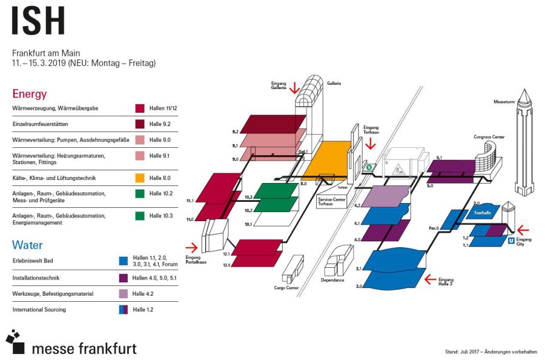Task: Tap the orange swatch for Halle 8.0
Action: point(139,178)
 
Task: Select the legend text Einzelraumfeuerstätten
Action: point(40,124)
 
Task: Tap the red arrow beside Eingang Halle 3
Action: point(429,279)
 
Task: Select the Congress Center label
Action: point(489,137)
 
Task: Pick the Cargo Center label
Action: point(286,287)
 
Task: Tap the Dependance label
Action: point(332,280)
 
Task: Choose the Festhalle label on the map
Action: point(483,213)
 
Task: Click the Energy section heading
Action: point(29,94)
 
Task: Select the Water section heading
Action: point(27,245)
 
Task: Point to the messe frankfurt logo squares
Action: point(16,342)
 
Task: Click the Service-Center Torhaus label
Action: point(331,201)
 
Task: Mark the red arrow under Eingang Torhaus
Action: point(371,143)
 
